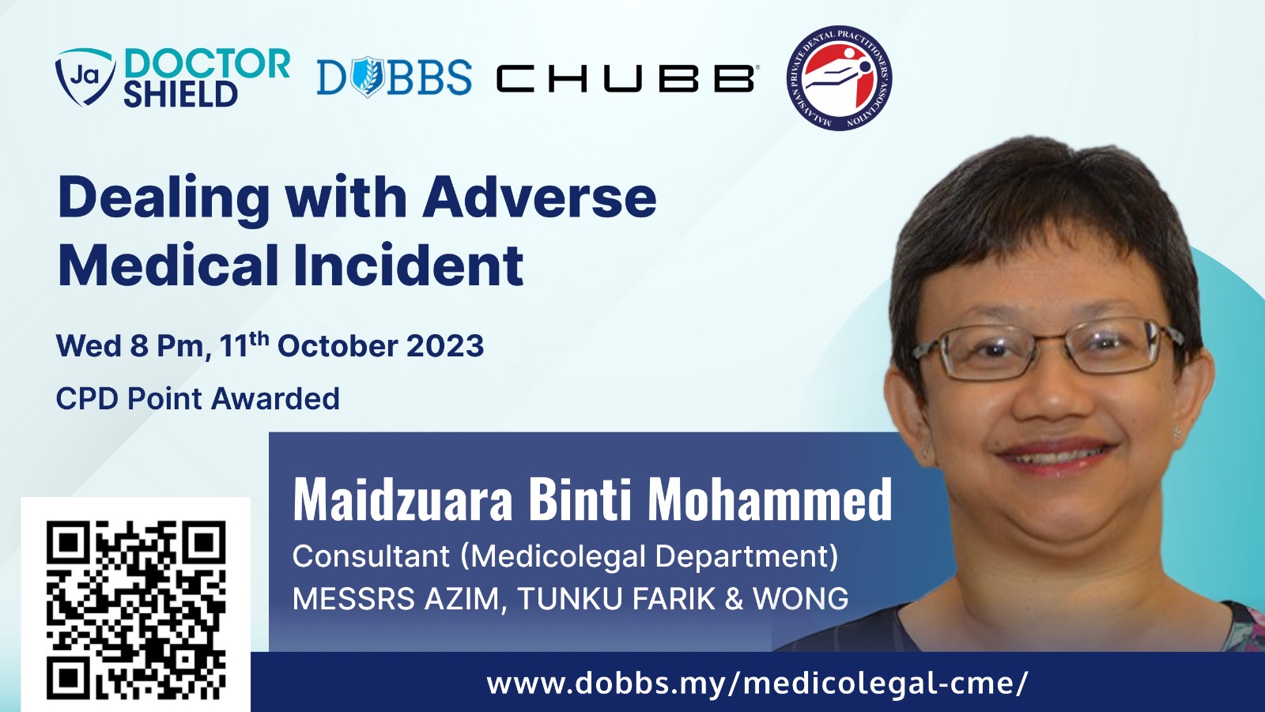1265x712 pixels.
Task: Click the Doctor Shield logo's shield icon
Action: [x=85, y=77]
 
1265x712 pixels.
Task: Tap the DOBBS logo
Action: [x=395, y=77]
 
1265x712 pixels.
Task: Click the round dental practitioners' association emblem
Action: [x=839, y=78]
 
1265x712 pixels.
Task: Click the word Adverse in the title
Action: [x=539, y=197]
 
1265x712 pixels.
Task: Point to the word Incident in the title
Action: [x=408, y=265]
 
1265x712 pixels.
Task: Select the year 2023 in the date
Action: [x=445, y=345]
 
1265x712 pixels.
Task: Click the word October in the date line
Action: [x=337, y=345]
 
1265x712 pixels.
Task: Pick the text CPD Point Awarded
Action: [x=198, y=398]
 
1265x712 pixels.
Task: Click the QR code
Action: [x=135, y=610]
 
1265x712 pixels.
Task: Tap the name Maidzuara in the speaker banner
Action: [x=402, y=500]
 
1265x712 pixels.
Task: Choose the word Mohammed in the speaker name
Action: [x=770, y=499]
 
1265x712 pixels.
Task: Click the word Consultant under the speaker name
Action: [x=371, y=556]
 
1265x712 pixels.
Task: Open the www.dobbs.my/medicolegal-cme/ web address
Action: [x=757, y=684]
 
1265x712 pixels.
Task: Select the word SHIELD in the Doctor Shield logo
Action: [x=180, y=94]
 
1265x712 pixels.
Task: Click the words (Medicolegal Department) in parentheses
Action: [x=649, y=556]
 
